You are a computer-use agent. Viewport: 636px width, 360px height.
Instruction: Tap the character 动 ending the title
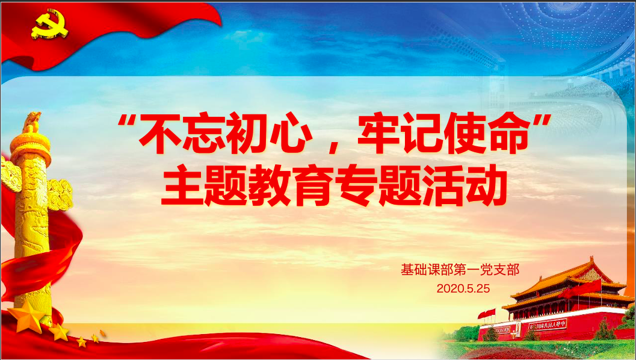tap(487, 186)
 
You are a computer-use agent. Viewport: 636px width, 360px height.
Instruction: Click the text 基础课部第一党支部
tap(460, 270)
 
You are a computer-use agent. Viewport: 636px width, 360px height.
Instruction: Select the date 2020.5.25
tap(463, 288)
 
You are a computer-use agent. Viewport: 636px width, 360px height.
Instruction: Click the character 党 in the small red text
tap(486, 270)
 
